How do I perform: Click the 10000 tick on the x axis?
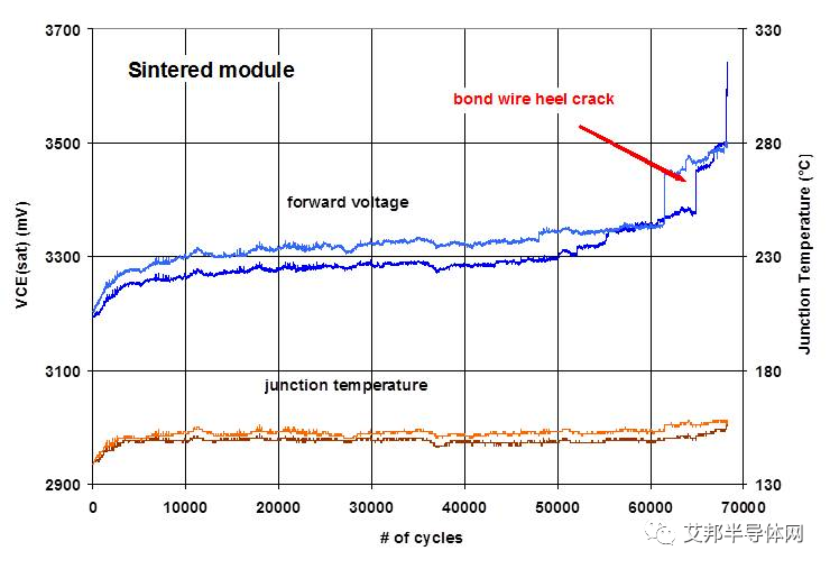pos(185,508)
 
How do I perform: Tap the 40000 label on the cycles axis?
pos(464,508)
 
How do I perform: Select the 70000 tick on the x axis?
pos(744,508)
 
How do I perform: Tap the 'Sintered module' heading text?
pos(211,70)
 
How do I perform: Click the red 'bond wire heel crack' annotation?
pos(534,99)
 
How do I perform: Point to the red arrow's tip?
pos(685,181)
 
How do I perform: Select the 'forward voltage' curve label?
pos(348,202)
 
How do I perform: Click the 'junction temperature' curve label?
pos(346,385)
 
